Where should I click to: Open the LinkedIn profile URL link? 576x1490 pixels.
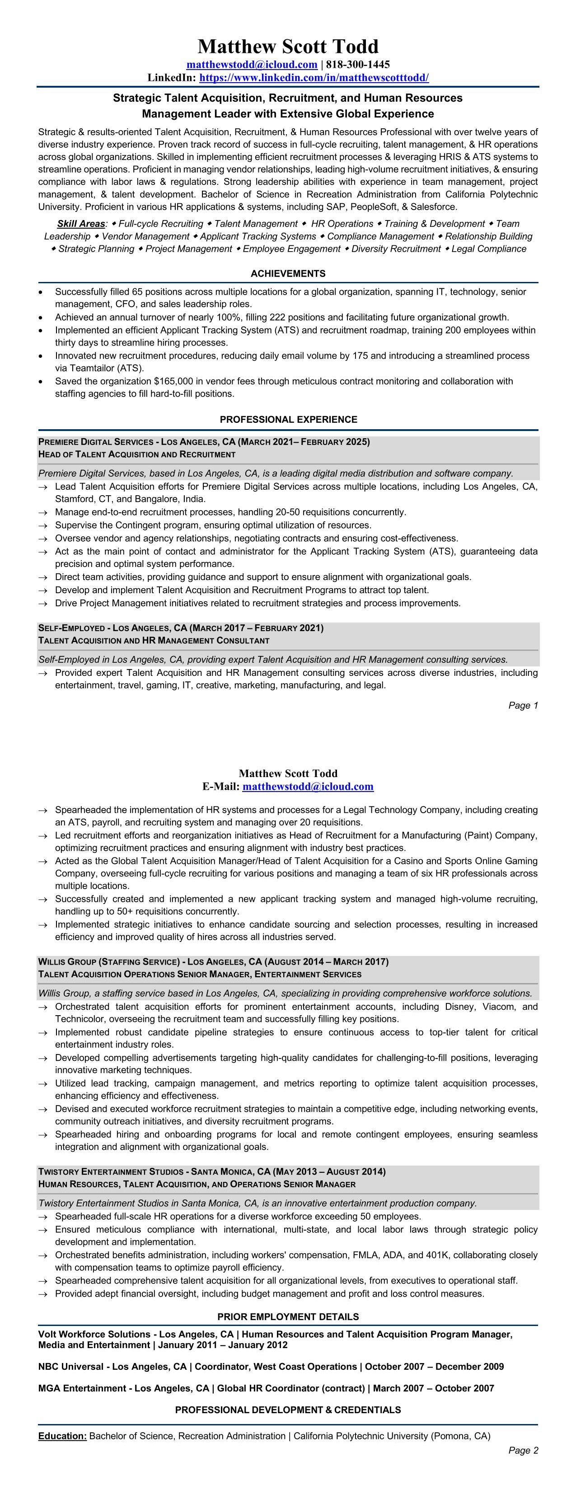pos(314,78)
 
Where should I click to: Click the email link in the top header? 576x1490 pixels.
pos(252,64)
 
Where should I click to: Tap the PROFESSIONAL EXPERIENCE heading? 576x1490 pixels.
pos(288,419)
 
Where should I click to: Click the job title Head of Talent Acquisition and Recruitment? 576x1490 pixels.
pos(136,454)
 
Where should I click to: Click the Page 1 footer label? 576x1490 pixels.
pos(523,705)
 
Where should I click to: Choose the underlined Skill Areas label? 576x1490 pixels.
pos(81,224)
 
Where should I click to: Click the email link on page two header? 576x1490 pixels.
pos(308,787)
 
